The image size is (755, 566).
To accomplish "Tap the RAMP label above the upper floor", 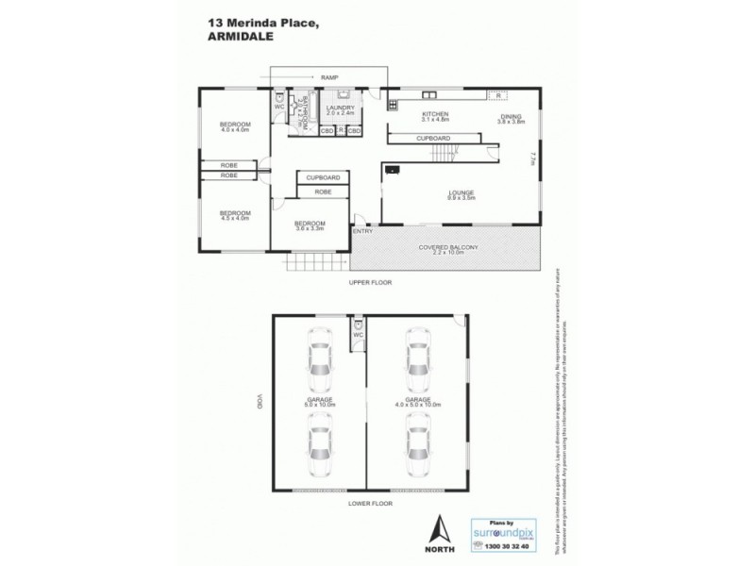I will [x=329, y=77].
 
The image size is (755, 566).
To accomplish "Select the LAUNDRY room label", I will [x=341, y=108].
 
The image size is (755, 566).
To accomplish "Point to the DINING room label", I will [x=511, y=116].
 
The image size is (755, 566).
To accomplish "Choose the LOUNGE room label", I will [x=461, y=193].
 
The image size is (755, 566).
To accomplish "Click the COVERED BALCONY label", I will [x=449, y=247].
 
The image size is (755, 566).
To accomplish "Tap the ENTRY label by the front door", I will [x=362, y=231].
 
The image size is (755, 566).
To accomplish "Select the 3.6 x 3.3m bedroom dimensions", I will [x=310, y=229].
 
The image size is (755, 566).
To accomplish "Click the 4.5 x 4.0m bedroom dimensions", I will [x=234, y=218].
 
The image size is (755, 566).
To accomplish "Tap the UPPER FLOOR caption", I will [x=369, y=282].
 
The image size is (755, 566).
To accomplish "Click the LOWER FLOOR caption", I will [x=369, y=504].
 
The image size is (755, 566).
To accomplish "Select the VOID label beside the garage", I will [x=257, y=400].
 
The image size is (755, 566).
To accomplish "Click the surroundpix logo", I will [x=508, y=531].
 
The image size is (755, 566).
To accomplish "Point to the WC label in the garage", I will [x=359, y=334].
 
